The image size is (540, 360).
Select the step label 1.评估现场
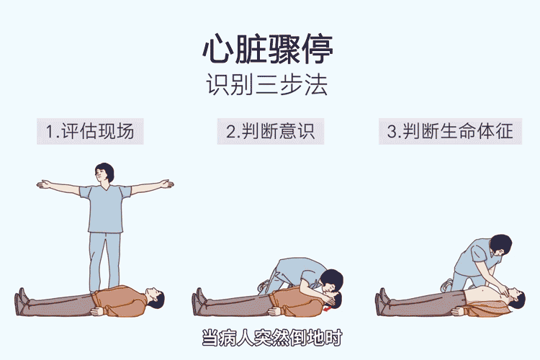pyautogui.click(x=90, y=131)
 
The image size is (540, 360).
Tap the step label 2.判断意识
pyautogui.click(x=270, y=131)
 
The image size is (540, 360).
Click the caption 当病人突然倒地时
pyautogui.click(x=269, y=337)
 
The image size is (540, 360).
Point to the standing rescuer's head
pyautogui.click(x=105, y=173)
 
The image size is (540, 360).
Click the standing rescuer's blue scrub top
pyautogui.click(x=105, y=209)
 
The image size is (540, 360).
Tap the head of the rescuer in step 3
pyautogui.click(x=500, y=245)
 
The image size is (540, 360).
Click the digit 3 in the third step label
pyautogui.click(x=392, y=132)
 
